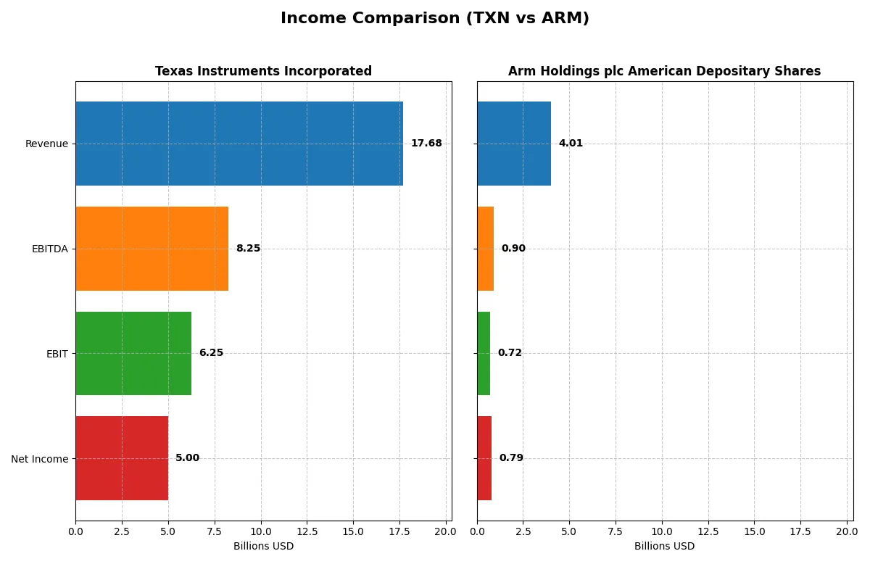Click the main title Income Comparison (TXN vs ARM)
pos(435,18)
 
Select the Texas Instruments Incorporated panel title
pos(263,71)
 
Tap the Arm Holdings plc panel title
pos(664,71)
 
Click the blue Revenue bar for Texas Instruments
pos(239,144)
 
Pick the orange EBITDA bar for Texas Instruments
pos(152,249)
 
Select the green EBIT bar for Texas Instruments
pos(133,353)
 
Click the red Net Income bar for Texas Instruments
pos(122,458)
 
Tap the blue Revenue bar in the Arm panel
pos(514,144)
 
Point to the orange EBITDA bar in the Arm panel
pos(485,249)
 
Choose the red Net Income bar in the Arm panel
pos(484,458)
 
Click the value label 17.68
pos(426,144)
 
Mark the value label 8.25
pos(248,249)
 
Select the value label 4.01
pos(571,144)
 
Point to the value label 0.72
pos(510,353)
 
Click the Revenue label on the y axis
pos(46,144)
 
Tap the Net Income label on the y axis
pos(40,459)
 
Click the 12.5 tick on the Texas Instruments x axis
pos(307,531)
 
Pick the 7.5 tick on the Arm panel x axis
pos(616,531)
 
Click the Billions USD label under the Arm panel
pos(664,547)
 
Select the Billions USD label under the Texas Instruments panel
pos(263,547)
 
